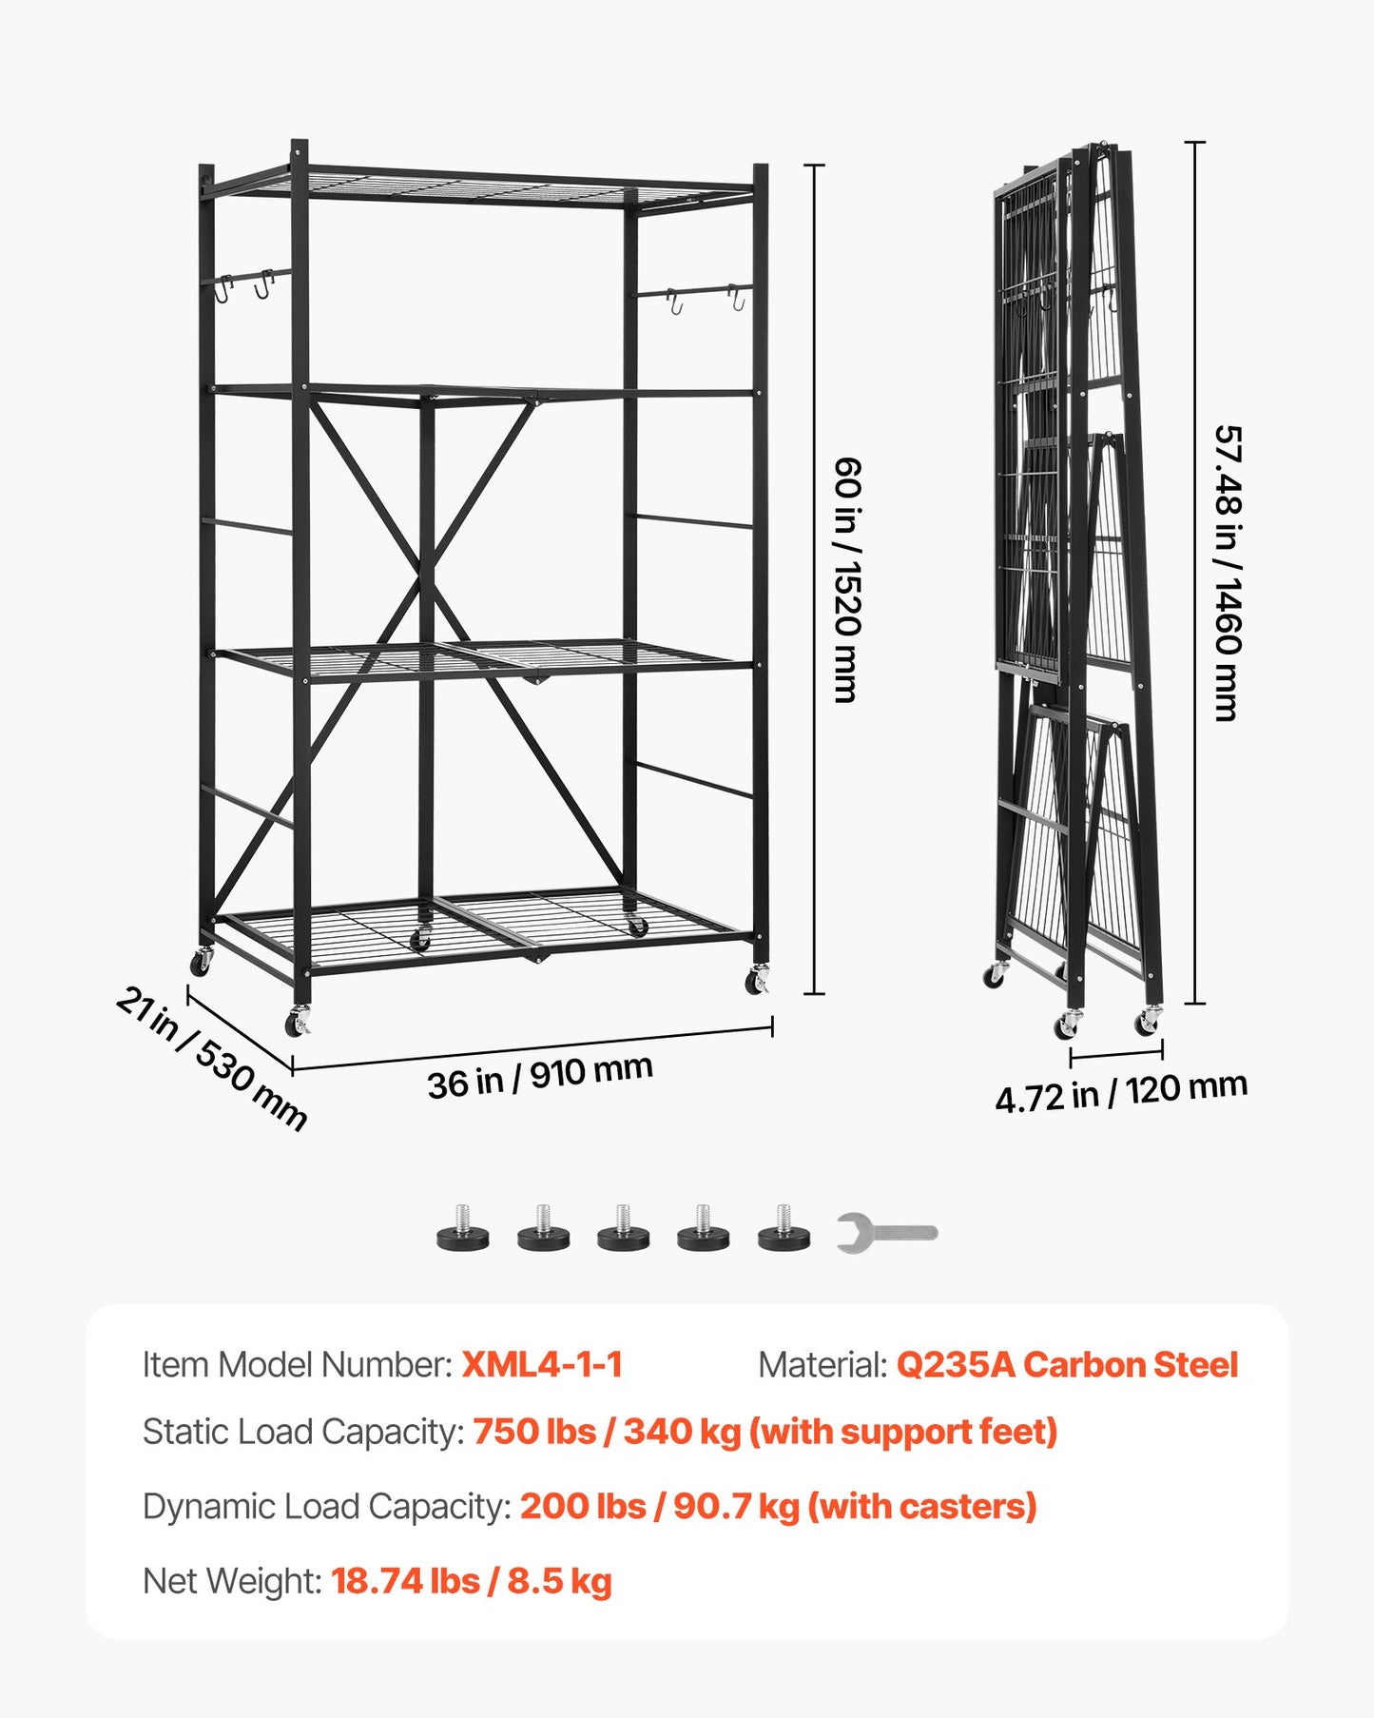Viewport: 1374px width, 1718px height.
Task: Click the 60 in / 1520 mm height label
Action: tap(845, 579)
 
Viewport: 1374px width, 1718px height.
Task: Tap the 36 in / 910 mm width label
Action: tap(539, 1077)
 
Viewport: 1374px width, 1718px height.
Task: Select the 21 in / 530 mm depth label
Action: tap(211, 1059)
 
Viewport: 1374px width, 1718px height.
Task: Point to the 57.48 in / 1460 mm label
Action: tap(1229, 573)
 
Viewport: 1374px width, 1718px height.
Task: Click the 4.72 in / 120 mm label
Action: tap(1120, 1092)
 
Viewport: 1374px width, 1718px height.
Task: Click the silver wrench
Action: tap(886, 1232)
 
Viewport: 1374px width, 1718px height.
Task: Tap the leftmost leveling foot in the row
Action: tap(463, 1229)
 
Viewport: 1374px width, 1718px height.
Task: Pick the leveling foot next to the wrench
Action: tap(784, 1229)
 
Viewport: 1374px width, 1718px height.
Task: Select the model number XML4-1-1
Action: tap(541, 1364)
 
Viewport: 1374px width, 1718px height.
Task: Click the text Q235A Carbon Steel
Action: tap(1066, 1364)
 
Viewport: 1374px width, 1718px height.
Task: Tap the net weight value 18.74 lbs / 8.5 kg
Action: tap(471, 1581)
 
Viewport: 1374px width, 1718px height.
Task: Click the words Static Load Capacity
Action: tap(302, 1432)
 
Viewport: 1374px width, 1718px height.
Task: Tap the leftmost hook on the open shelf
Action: tap(223, 288)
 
